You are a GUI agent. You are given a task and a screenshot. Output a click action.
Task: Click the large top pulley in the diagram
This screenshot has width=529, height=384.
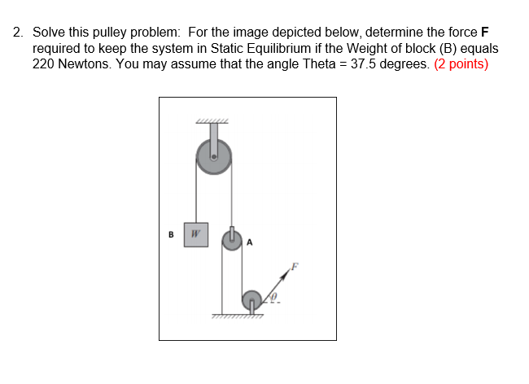(x=214, y=155)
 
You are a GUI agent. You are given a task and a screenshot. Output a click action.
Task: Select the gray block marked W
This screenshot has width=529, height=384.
(x=195, y=234)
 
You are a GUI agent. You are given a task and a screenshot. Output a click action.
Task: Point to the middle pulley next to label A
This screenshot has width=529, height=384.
(x=233, y=241)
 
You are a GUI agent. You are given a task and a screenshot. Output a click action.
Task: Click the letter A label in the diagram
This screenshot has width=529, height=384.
(x=250, y=242)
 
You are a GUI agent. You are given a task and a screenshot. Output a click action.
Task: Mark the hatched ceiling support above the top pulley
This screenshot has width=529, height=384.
(x=212, y=122)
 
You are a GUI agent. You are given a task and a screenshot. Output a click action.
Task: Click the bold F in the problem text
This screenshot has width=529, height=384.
(x=485, y=33)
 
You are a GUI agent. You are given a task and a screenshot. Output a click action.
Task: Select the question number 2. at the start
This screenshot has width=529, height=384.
(x=18, y=33)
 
